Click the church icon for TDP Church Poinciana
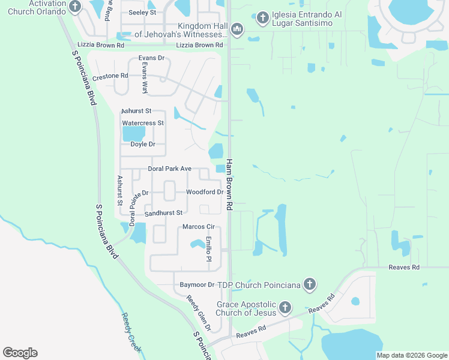click(x=309, y=284)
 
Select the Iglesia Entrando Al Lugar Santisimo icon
click(x=262, y=19)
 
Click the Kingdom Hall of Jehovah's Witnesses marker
click(x=237, y=29)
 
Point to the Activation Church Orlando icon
click(x=75, y=7)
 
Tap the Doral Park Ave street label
click(x=169, y=169)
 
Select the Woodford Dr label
click(x=205, y=193)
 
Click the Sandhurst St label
click(x=163, y=213)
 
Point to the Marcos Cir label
click(x=198, y=227)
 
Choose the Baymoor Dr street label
click(x=197, y=284)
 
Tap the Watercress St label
click(x=143, y=123)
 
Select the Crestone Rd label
click(x=110, y=76)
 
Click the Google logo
click(x=20, y=353)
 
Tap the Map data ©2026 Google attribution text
click(x=412, y=355)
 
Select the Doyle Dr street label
click(x=143, y=145)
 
